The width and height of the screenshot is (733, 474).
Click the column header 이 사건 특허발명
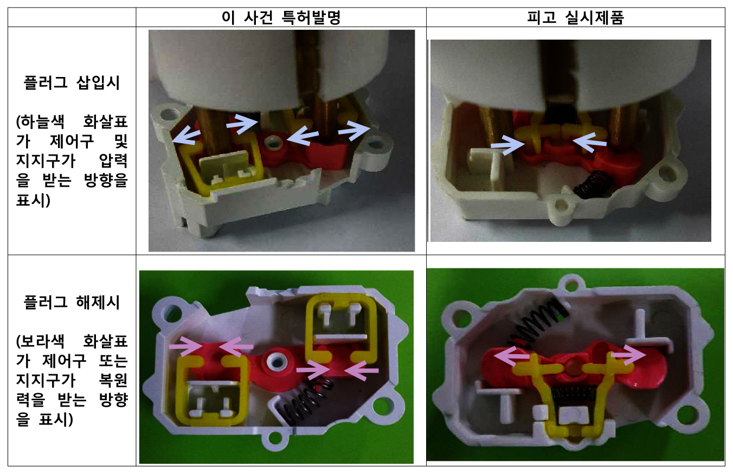point(281,17)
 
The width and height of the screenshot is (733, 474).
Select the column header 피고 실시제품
point(576,17)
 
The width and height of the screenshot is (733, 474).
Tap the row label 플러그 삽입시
point(72,82)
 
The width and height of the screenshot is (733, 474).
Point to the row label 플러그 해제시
point(72,302)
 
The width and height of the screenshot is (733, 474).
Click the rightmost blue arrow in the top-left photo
point(355,130)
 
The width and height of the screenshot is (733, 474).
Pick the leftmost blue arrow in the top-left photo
point(186,136)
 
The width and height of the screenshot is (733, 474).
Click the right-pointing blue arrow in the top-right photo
point(507,145)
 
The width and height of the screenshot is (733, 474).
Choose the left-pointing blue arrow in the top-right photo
point(589,142)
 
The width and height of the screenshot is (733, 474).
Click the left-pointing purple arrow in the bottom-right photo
point(511,356)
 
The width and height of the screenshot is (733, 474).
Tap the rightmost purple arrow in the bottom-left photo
point(362,370)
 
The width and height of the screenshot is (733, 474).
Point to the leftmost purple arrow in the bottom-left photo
point(185,345)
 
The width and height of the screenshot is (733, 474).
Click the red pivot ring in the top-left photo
point(274,144)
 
